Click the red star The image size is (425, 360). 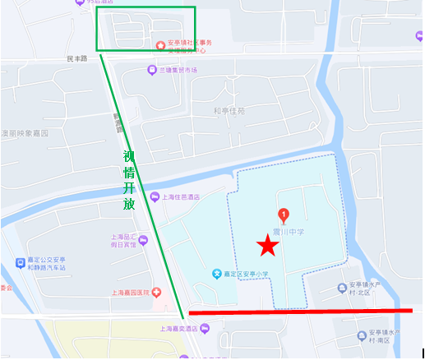(266, 246)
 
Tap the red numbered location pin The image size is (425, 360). (284, 216)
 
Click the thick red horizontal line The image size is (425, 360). (300, 312)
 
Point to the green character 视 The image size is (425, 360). (128, 156)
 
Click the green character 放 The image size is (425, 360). (128, 205)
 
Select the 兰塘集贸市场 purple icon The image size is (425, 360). (152, 71)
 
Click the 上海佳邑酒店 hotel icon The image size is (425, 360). (155, 196)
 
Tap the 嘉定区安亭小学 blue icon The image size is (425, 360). (216, 274)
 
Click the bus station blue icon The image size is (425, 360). (20, 264)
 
